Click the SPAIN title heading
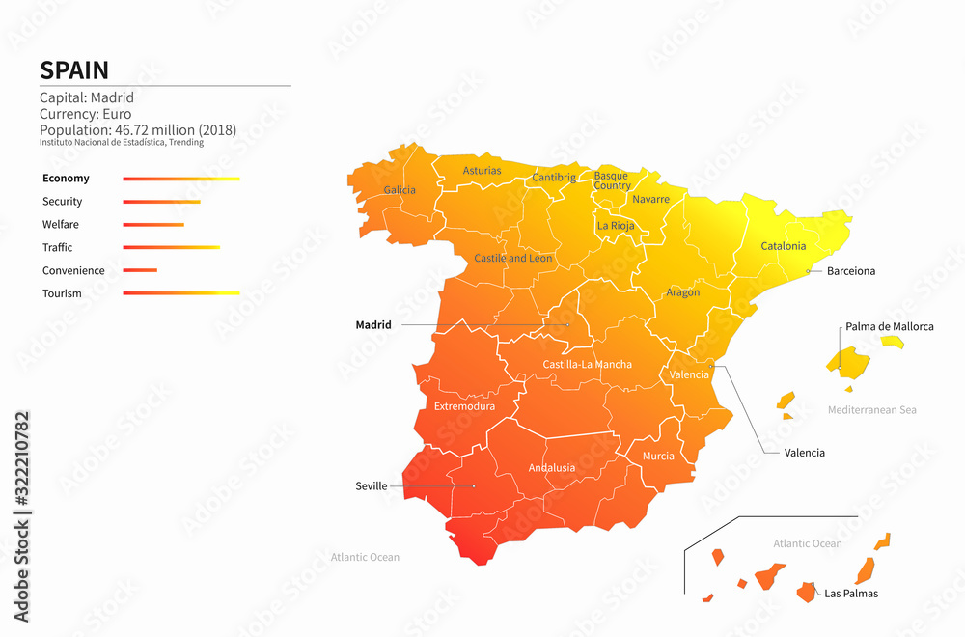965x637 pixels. click(x=74, y=70)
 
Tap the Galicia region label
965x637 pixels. click(x=400, y=190)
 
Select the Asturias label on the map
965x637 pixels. click(x=482, y=171)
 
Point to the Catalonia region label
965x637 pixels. click(x=783, y=246)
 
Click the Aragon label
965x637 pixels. click(x=682, y=292)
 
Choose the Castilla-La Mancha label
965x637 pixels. click(x=587, y=365)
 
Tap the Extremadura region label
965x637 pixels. click(x=464, y=406)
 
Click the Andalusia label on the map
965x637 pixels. click(x=551, y=468)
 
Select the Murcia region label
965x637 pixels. click(x=658, y=457)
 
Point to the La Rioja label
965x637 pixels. click(x=616, y=226)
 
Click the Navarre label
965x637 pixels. click(x=650, y=200)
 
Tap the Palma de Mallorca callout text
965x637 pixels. click(x=890, y=327)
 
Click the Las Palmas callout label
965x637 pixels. click(x=851, y=594)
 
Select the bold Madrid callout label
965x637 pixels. click(x=373, y=325)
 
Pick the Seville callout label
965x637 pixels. click(x=371, y=486)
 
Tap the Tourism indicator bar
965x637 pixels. click(x=181, y=293)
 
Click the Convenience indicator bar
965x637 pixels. click(x=140, y=270)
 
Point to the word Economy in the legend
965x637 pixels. click(x=66, y=179)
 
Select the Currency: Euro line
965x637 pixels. click(x=85, y=114)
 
